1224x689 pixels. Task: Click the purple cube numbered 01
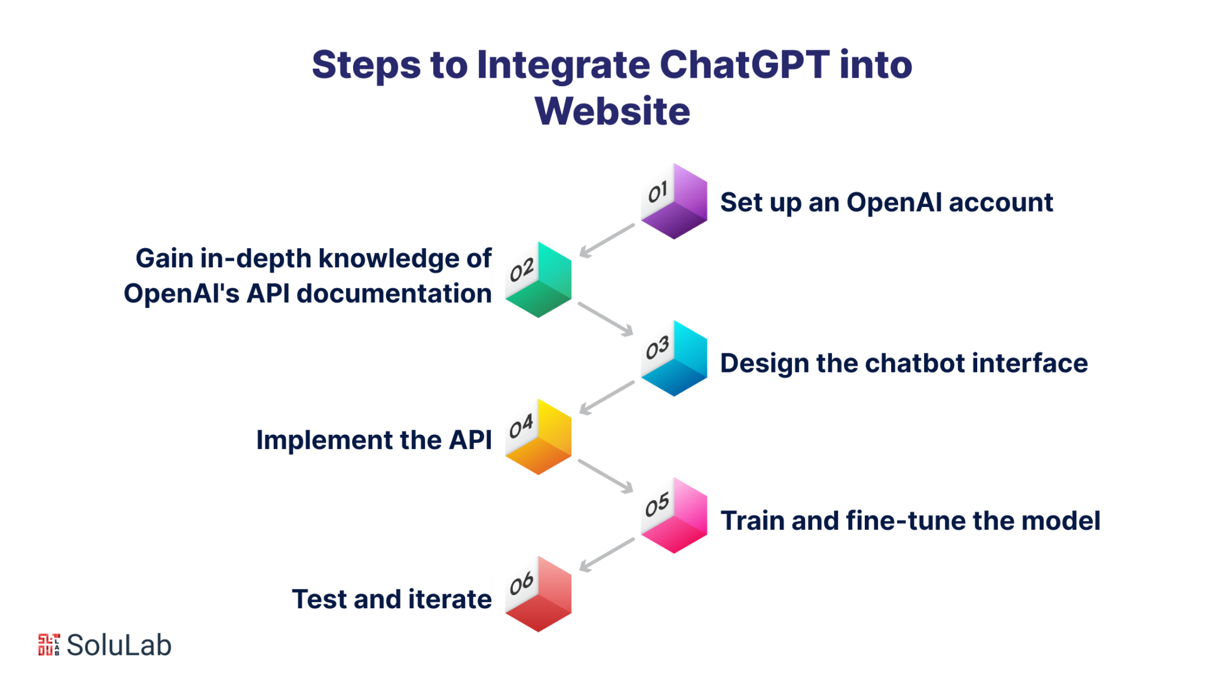[674, 202]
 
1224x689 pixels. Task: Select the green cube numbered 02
[538, 280]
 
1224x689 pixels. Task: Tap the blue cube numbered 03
[674, 359]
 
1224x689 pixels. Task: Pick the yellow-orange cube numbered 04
[538, 437]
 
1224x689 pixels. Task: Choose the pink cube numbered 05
[674, 516]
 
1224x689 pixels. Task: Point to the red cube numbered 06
[538, 595]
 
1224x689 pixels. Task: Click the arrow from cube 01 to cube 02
[607, 240]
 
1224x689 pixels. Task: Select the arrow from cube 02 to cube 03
[605, 319]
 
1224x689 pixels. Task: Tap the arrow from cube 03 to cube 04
[607, 398]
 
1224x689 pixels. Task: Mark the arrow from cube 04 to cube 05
[605, 476]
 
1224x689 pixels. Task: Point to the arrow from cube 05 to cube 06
[607, 555]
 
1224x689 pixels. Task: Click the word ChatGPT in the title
[744, 65]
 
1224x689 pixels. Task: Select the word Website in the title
[612, 111]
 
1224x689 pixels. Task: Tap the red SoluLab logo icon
[49, 645]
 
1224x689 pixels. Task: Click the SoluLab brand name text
[119, 645]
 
